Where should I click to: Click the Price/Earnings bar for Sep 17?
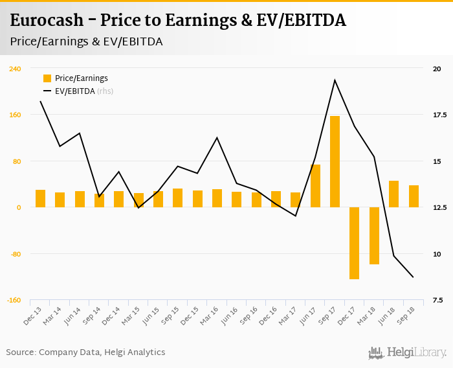coord(335,161)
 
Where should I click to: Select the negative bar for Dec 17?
coord(354,243)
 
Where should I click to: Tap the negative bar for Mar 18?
coord(374,236)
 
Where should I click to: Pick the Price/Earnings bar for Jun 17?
coord(315,186)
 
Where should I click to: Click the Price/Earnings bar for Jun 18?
coord(393,194)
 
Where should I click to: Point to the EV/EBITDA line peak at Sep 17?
coord(335,80)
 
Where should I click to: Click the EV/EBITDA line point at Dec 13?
coord(40,101)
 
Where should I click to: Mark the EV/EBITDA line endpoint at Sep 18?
coord(413,277)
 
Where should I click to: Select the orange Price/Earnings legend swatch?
coord(47,78)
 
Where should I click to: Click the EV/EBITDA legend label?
coord(74,91)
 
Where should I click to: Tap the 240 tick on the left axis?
coord(14,69)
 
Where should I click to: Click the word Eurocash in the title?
coord(47,20)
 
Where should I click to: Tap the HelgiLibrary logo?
coord(408,352)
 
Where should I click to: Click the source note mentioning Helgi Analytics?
coord(85,352)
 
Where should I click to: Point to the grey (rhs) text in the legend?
coord(105,91)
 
